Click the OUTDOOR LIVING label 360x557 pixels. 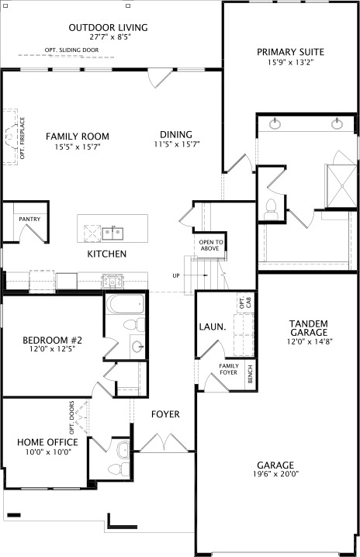tap(108, 28)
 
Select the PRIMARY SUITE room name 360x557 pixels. tap(291, 53)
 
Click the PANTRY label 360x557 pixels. tap(29, 220)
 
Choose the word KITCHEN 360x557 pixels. tap(107, 254)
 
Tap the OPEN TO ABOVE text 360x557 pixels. tap(211, 246)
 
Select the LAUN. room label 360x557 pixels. tap(212, 327)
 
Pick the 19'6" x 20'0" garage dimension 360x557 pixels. tap(277, 474)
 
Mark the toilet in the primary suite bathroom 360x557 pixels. tap(271, 207)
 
